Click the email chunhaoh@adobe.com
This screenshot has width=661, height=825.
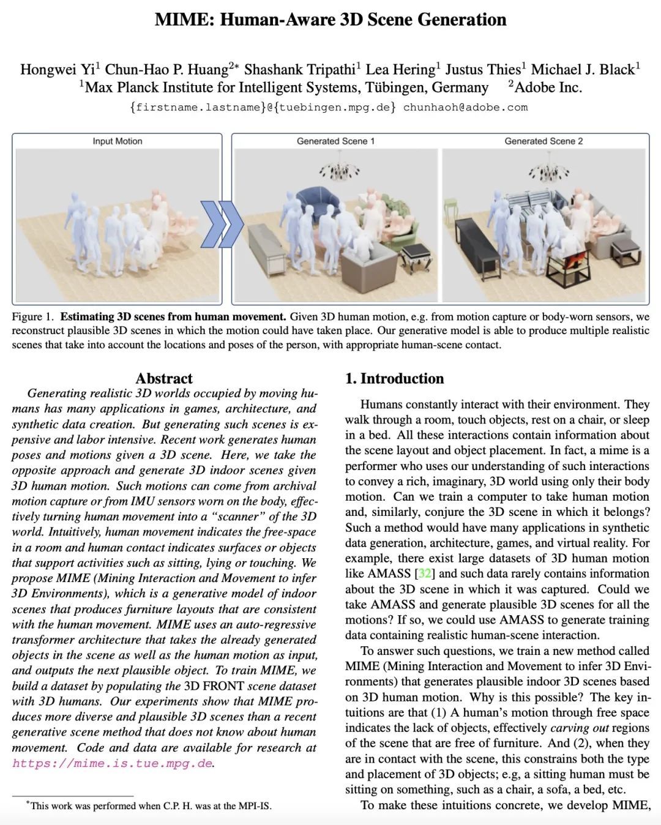point(465,108)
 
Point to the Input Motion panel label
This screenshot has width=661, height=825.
point(118,141)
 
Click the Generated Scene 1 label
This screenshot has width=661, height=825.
point(335,141)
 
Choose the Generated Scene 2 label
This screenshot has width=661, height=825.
point(543,141)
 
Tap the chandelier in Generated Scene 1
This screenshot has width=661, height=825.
point(338,173)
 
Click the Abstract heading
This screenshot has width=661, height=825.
point(164,378)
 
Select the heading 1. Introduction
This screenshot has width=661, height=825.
point(395,378)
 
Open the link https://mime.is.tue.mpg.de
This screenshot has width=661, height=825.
point(112,763)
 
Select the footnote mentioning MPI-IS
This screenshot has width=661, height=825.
point(150,805)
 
